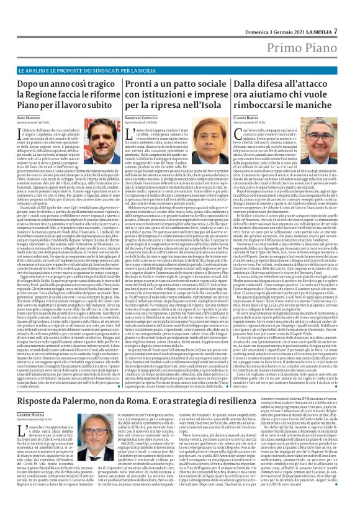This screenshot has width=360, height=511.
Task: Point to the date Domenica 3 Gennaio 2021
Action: (276, 15)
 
